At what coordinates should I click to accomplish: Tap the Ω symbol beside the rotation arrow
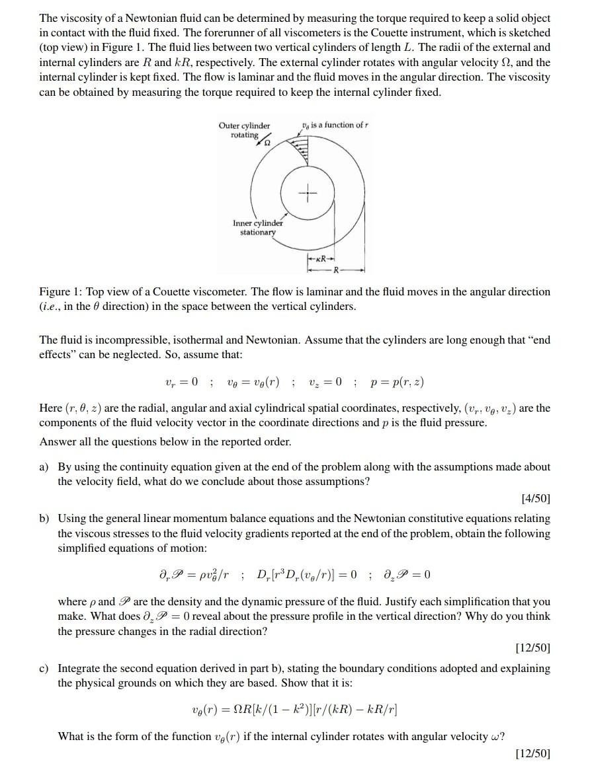(x=269, y=142)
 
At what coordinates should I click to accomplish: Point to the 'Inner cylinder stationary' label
(x=257, y=227)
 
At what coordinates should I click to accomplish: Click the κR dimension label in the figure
(x=321, y=258)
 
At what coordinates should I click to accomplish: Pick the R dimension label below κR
(x=336, y=270)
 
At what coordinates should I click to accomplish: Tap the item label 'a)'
(x=44, y=467)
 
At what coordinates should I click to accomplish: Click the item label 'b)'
(x=44, y=519)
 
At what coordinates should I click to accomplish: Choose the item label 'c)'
(x=44, y=669)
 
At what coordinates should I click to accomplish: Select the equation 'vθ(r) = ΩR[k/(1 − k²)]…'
(x=294, y=710)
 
